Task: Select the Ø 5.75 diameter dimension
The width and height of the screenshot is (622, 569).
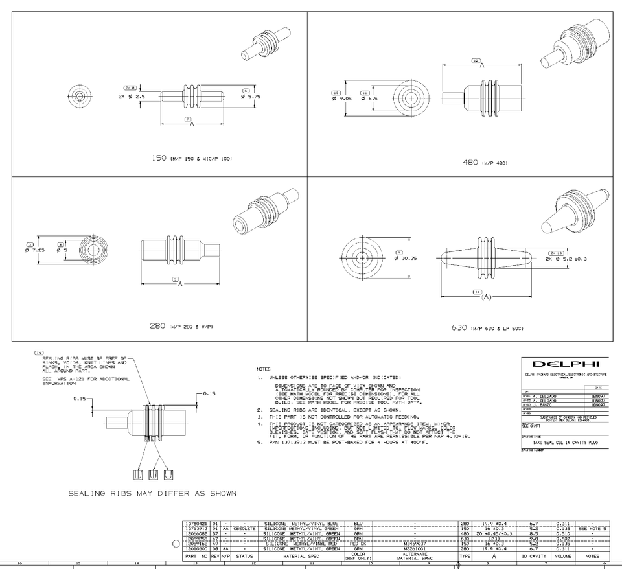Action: click(251, 97)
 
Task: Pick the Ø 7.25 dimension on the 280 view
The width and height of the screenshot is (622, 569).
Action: click(34, 250)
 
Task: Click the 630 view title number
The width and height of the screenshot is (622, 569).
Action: click(459, 328)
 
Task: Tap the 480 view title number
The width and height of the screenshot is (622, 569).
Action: click(470, 162)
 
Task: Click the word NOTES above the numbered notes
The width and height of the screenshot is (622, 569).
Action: click(263, 369)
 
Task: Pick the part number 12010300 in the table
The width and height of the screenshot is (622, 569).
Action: click(196, 548)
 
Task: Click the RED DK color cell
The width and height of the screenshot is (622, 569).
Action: click(358, 543)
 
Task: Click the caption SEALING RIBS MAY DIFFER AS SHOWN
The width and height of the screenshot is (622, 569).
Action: click(153, 493)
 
